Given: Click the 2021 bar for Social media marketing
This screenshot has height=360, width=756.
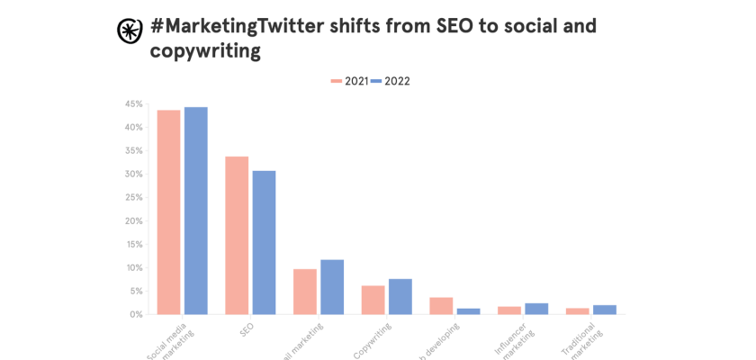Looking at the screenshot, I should tap(168, 212).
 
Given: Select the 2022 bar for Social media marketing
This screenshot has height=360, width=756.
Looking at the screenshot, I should tap(196, 211).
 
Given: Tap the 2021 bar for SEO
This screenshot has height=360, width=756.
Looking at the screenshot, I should tap(237, 236).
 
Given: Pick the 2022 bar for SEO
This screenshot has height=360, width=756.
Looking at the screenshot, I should tap(264, 243).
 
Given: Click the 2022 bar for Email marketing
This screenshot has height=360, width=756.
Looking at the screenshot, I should tap(332, 287).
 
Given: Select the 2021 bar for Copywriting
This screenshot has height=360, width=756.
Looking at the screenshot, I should tap(373, 300).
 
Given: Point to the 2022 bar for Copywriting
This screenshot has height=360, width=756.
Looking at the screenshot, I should tap(400, 297).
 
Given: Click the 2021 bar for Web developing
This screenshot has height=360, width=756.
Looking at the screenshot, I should tap(441, 306).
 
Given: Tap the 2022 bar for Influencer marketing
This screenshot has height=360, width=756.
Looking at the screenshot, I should tap(536, 309).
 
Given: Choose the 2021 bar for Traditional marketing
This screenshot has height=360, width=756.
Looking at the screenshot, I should tap(577, 311).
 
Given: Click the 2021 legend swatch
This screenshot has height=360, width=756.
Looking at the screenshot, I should tap(337, 81).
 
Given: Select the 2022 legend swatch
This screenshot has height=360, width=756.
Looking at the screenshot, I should tap(376, 81).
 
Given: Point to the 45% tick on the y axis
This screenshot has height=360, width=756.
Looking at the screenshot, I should tap(133, 103).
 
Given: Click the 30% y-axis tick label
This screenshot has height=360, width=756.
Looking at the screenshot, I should tap(133, 174).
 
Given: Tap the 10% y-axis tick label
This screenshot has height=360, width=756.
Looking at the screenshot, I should tap(133, 267).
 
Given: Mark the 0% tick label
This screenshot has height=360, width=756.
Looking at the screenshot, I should tap(135, 314).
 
